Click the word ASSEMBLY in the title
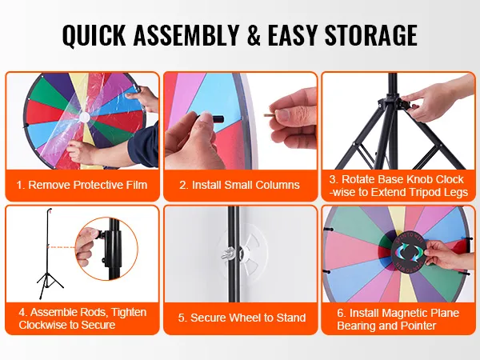click(x=186, y=34)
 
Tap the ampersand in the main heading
click(x=254, y=34)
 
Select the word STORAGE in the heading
click(x=371, y=34)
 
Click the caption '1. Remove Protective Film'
click(x=82, y=185)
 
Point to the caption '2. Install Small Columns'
click(x=239, y=185)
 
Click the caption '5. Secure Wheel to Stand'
click(x=242, y=318)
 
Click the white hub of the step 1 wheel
click(x=84, y=118)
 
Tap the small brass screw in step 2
click(x=270, y=115)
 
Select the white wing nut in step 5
click(x=227, y=254)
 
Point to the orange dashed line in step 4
click(x=62, y=247)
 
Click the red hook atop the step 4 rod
click(x=50, y=210)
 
